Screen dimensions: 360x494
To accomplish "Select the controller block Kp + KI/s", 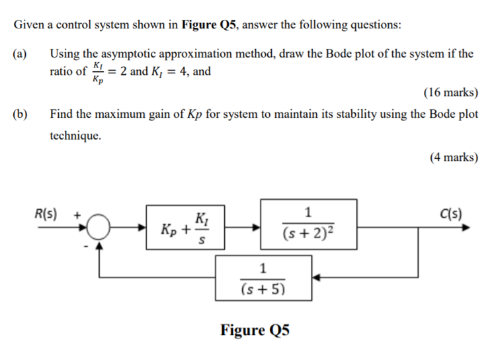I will pyautogui.click(x=182, y=227).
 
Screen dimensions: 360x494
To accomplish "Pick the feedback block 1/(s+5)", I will pyautogui.click(x=263, y=277).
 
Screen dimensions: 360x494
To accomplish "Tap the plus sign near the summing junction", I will pyautogui.click(x=77, y=215).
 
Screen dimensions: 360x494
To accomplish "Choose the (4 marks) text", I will pyautogui.click(x=453, y=157).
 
